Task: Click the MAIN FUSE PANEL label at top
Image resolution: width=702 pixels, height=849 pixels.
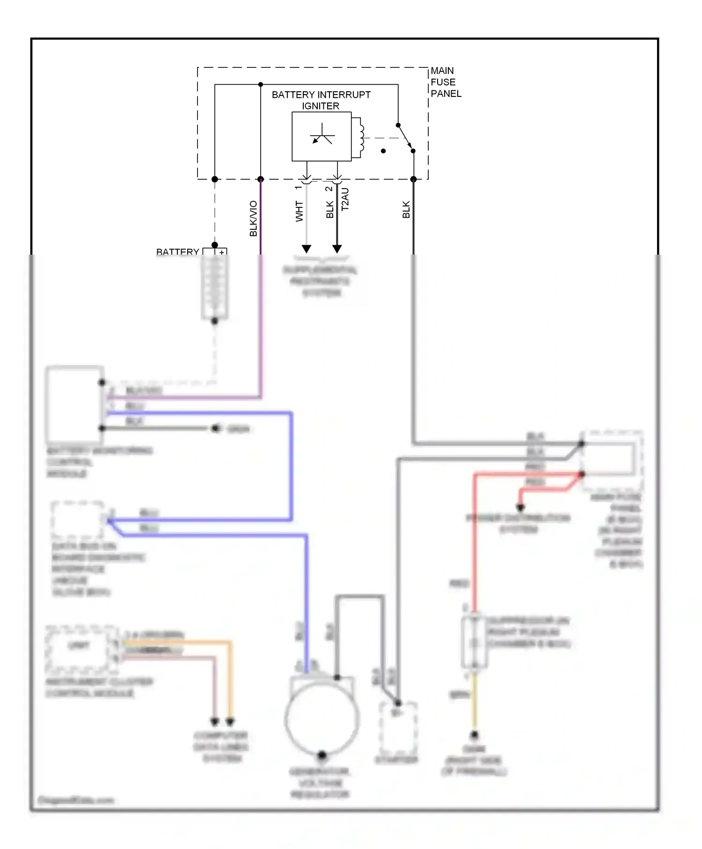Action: (x=445, y=82)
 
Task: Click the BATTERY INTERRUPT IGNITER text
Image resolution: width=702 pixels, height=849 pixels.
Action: (x=321, y=100)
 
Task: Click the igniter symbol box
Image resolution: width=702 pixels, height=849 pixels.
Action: (x=322, y=137)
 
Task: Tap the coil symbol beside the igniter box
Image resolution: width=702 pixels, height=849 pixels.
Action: (x=361, y=138)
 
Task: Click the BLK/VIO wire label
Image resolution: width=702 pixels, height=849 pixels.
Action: (x=253, y=218)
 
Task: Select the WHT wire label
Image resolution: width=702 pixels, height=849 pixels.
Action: (x=299, y=211)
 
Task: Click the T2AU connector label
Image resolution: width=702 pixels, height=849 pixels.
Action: (x=345, y=199)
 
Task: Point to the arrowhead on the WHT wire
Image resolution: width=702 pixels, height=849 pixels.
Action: (x=307, y=249)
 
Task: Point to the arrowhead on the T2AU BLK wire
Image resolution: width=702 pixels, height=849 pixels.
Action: (x=337, y=249)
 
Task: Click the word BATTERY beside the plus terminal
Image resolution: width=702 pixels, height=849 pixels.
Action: (x=177, y=252)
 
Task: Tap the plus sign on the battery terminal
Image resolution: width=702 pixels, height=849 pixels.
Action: (x=222, y=253)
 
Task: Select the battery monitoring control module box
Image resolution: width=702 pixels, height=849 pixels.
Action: (x=75, y=405)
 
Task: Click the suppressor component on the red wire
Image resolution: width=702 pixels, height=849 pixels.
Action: (x=474, y=642)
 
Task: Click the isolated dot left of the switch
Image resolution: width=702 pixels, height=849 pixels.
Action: (x=383, y=151)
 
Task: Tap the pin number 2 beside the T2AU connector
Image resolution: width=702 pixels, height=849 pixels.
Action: (x=329, y=189)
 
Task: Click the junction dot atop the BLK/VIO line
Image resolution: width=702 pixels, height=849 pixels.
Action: (x=261, y=85)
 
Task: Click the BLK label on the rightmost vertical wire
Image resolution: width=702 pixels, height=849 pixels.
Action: (x=406, y=209)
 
